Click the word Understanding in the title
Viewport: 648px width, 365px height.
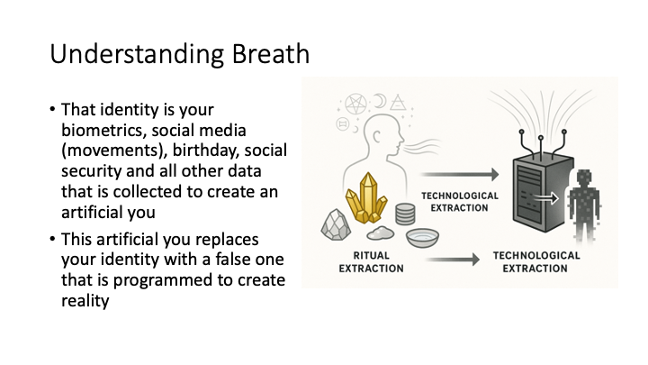[x=137, y=55]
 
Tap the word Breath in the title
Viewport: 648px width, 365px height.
[x=271, y=53]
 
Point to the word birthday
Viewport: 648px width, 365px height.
[x=205, y=151]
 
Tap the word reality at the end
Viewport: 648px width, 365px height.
[x=85, y=301]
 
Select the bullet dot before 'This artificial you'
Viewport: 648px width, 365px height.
[x=52, y=239]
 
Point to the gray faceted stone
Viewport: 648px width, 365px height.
[x=336, y=224]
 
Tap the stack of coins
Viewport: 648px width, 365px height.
[x=405, y=214]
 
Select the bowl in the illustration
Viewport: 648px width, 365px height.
[x=422, y=238]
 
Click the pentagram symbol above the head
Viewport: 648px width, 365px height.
[x=355, y=105]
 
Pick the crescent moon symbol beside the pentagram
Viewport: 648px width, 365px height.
[x=380, y=101]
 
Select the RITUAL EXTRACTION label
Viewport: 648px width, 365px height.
[x=371, y=262]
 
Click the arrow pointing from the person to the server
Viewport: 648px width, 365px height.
[x=460, y=175]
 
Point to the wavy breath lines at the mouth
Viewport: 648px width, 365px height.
[x=421, y=147]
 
